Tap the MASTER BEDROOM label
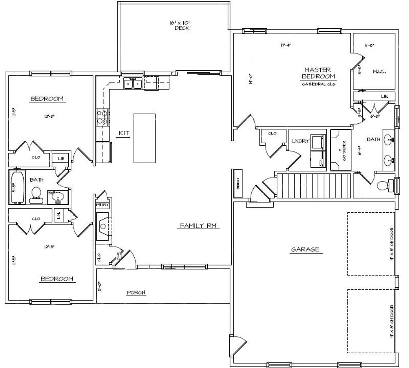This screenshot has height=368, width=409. [318, 73]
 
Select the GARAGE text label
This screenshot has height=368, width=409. [305, 249]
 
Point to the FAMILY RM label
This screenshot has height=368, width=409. [198, 226]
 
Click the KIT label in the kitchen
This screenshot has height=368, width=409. [123, 133]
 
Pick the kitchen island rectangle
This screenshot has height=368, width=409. [144, 138]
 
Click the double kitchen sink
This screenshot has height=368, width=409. [133, 84]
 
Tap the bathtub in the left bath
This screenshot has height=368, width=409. [17, 187]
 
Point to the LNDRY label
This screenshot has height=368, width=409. [298, 140]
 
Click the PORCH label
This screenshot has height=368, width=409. [136, 293]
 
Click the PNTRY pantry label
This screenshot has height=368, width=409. [103, 205]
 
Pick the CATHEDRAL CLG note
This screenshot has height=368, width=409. [318, 84]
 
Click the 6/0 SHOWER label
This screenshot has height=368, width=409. [339, 149]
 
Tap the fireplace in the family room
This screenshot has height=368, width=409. [103, 226]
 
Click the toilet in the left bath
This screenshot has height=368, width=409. [37, 194]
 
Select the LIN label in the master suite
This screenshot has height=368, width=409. [384, 96]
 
